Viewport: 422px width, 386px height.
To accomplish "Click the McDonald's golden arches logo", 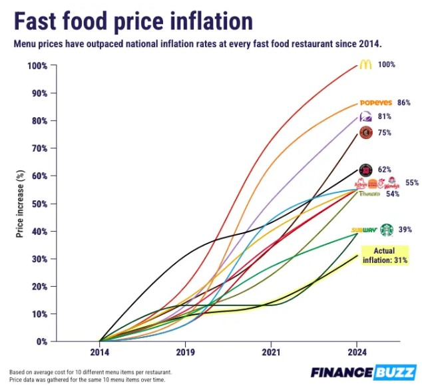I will click(365, 65).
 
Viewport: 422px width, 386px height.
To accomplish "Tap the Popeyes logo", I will click(376, 103).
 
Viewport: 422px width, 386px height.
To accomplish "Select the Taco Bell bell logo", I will click(365, 117).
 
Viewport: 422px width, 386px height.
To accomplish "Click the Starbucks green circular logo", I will click(386, 230).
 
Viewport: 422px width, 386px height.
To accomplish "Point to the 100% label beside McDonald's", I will click(387, 65).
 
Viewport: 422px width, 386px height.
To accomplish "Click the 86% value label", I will click(403, 103).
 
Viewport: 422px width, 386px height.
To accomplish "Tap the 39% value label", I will click(405, 230).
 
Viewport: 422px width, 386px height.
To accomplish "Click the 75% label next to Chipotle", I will click(384, 133).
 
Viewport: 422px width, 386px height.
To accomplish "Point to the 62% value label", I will click(384, 170).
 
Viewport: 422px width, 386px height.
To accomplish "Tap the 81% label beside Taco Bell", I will click(384, 116).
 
